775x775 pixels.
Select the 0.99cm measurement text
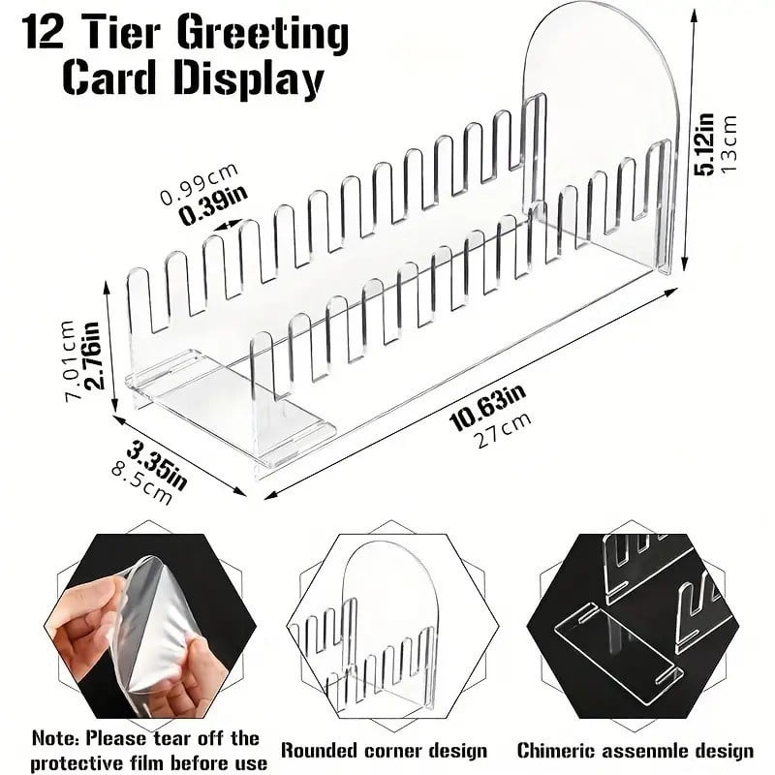(x=199, y=184)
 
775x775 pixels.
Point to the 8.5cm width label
(x=142, y=482)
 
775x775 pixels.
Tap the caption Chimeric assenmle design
(x=635, y=750)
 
